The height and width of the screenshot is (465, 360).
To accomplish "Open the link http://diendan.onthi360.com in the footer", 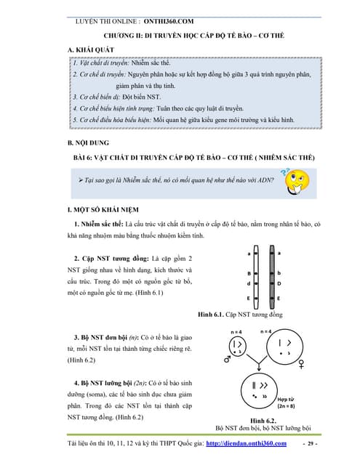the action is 252,443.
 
